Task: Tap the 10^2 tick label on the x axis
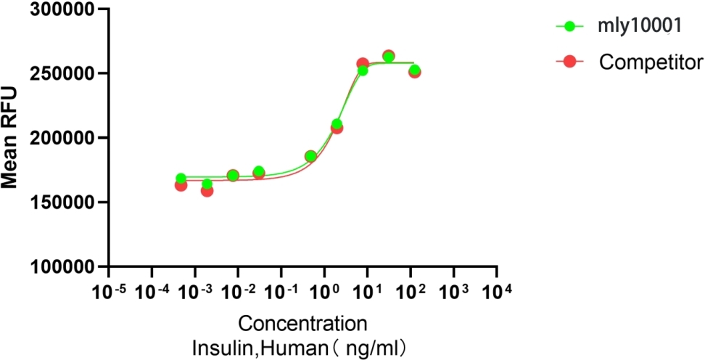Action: point(412,292)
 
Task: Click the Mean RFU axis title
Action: point(10,138)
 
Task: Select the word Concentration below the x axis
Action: point(302,322)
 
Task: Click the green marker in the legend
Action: point(569,26)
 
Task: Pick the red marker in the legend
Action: point(569,62)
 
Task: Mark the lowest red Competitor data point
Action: point(207,191)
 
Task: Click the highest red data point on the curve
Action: point(389,56)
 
